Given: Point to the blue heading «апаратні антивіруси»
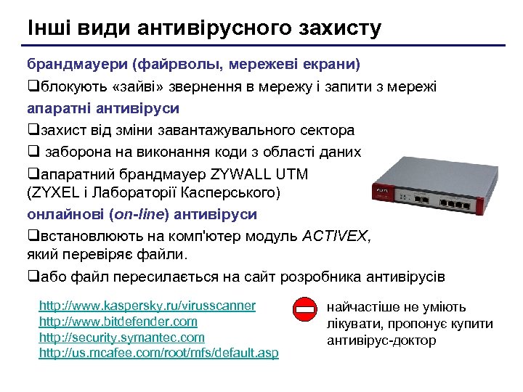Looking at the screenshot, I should click(103, 108).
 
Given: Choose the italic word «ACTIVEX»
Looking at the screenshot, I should click(336, 236).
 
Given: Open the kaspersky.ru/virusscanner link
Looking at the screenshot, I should click(147, 306).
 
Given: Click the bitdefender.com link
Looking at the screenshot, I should click(118, 321).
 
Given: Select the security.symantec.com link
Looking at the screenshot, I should click(121, 338).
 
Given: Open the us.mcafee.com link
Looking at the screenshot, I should click(158, 354).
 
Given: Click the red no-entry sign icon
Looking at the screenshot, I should click(304, 310).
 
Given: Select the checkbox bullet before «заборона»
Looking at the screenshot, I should click(33, 152).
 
